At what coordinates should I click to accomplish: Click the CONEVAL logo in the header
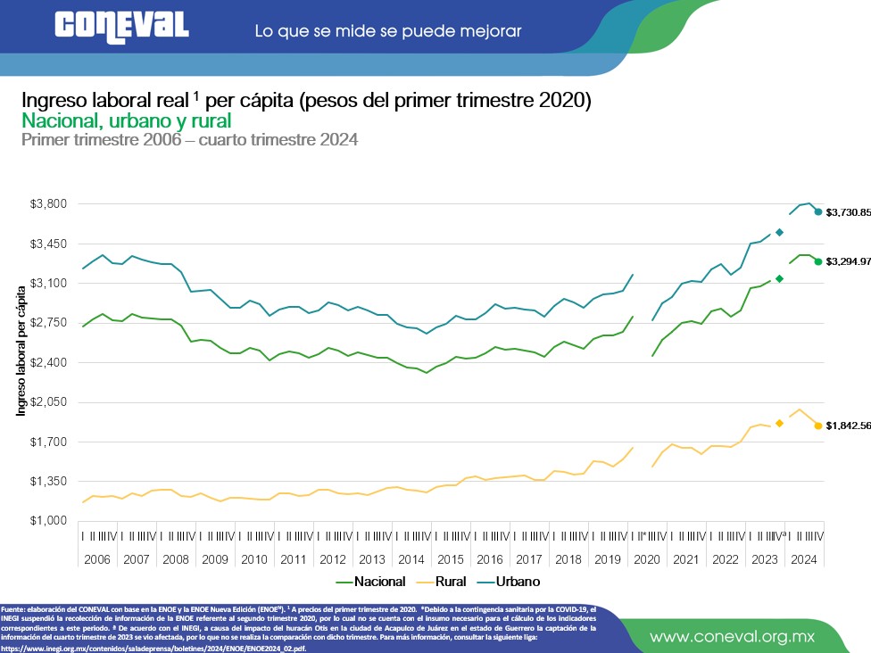(x=120, y=26)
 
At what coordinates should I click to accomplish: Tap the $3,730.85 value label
(x=848, y=212)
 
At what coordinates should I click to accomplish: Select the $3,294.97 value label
(x=848, y=261)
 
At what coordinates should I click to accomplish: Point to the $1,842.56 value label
(x=848, y=426)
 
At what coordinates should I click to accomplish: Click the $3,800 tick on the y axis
(x=49, y=204)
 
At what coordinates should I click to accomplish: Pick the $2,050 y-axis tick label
(x=49, y=402)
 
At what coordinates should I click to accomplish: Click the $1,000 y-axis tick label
(x=49, y=521)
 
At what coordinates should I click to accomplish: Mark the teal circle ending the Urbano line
(x=818, y=212)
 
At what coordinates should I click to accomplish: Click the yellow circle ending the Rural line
(x=818, y=426)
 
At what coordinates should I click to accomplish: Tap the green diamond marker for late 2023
(x=779, y=279)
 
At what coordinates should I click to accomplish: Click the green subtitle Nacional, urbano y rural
(x=126, y=120)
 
